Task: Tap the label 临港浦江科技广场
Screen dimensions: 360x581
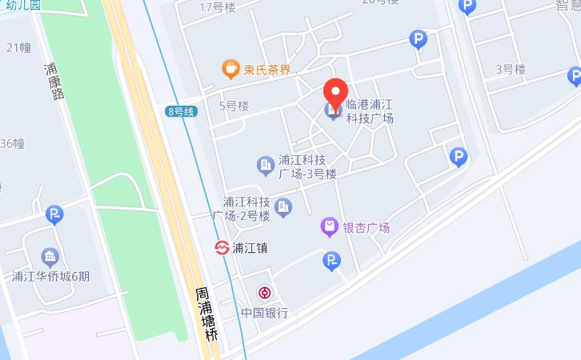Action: [369, 111]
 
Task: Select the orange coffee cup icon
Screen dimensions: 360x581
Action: [230, 69]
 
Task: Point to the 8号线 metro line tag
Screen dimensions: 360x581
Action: [181, 111]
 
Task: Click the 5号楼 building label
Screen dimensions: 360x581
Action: [234, 106]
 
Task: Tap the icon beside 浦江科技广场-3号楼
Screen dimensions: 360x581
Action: [265, 166]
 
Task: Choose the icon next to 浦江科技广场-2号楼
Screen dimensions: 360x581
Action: [283, 208]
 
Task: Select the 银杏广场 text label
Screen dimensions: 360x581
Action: [366, 228]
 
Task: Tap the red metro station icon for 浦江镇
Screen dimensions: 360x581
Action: [221, 248]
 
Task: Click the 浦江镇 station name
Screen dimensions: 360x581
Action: [250, 248]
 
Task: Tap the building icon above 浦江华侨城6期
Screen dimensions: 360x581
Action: [50, 257]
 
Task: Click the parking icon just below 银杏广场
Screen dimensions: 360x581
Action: [331, 260]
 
